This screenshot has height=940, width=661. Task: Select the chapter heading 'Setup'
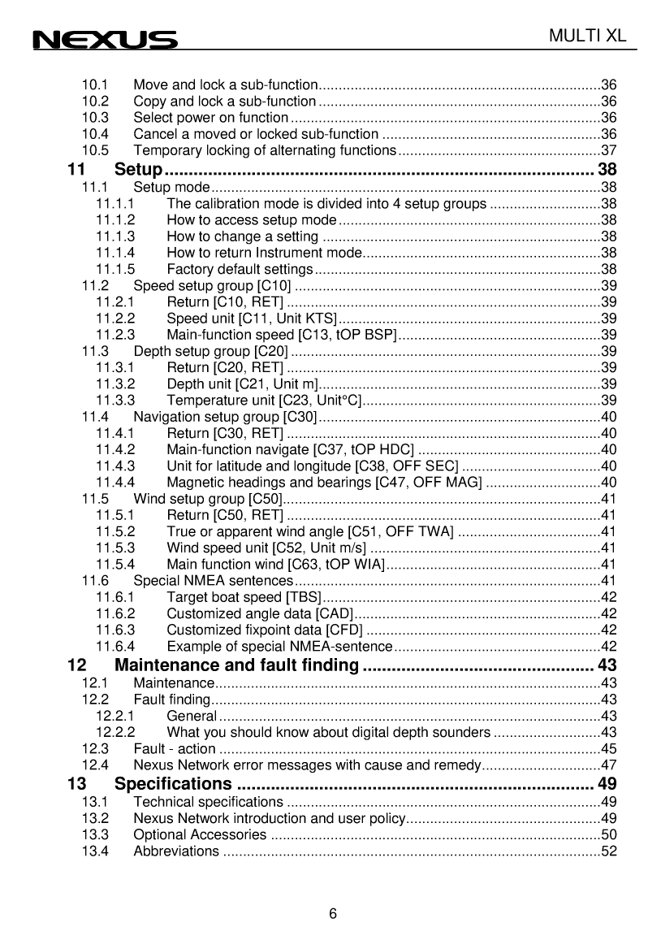139,170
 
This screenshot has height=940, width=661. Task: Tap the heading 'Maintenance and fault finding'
237,666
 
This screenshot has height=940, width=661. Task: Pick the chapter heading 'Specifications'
173,784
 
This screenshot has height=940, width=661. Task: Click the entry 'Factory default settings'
240,269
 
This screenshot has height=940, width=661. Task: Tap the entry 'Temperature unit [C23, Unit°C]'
263,400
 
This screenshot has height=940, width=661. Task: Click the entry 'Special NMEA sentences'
213,580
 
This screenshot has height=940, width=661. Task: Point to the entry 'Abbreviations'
175,851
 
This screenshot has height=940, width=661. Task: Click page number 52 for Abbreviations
608,851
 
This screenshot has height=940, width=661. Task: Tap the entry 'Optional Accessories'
200,835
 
